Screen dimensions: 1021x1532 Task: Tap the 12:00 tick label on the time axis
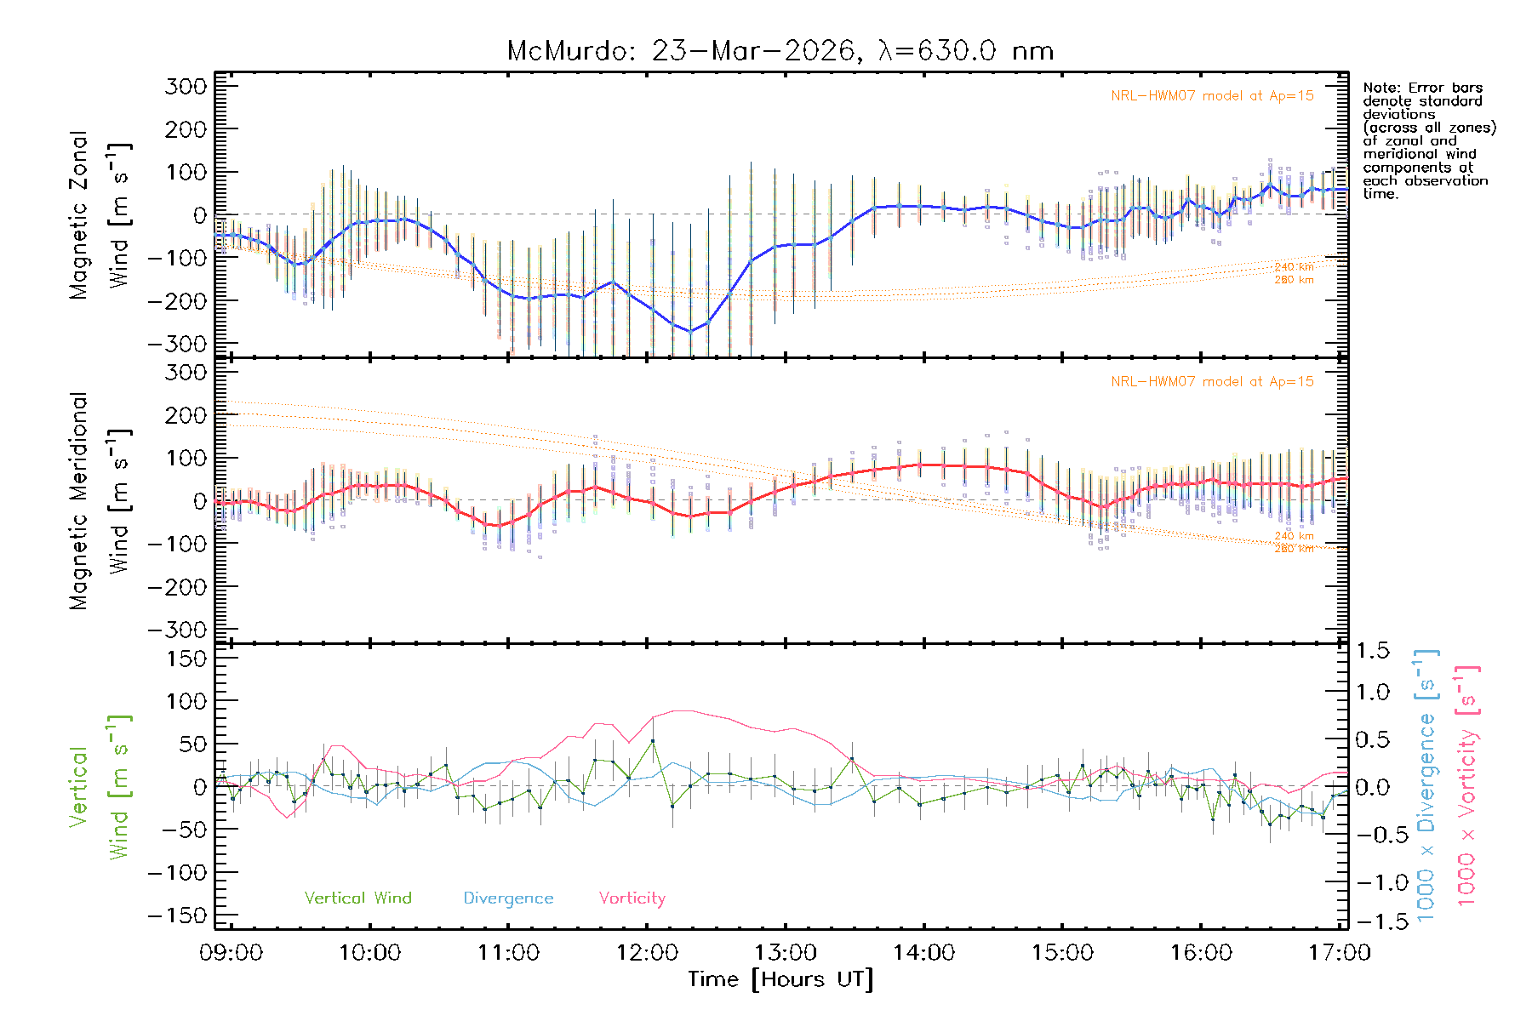pos(647,953)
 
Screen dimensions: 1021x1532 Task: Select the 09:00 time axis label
pos(231,953)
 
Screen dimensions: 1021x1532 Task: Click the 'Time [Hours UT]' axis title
pos(780,979)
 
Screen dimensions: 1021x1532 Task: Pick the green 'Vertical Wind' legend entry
pos(357,898)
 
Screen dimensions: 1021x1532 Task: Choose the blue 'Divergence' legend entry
pos(508,898)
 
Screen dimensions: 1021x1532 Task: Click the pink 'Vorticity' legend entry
pos(632,898)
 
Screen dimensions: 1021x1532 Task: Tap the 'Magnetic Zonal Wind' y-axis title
pos(100,215)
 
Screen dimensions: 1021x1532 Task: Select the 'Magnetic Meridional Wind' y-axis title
pos(100,501)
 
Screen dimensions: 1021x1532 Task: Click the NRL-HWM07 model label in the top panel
pos(1212,96)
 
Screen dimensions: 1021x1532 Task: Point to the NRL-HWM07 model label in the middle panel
pos(1212,382)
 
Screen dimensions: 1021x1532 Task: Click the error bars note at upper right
pos(1428,140)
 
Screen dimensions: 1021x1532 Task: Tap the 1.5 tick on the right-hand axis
pos(1372,651)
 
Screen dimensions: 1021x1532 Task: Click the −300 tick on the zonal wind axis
pos(177,344)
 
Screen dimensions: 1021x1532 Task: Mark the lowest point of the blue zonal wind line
pos(691,331)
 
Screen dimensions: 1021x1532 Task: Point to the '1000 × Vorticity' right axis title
pos(1466,785)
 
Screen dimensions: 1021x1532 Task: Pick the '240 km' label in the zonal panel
pos(1294,267)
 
